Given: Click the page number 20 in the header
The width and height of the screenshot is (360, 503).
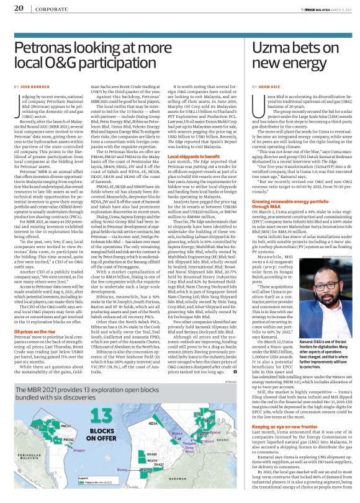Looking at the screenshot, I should pyautogui.click(x=19, y=9).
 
